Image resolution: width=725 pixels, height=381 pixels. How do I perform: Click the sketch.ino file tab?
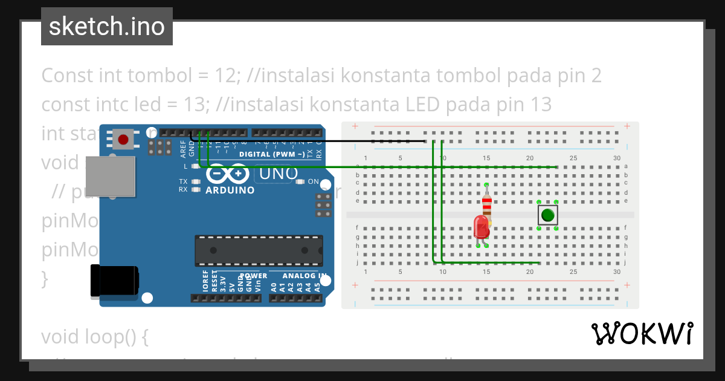pos(107,27)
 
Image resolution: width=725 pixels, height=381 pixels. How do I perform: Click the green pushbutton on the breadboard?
pos(547,215)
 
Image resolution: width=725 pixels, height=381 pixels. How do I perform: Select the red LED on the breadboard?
pos(482,227)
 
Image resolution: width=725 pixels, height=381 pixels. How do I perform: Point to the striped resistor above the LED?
pos(487,206)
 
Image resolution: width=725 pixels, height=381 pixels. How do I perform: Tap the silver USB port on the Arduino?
pos(111,176)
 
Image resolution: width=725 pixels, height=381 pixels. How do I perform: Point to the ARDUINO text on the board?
pos(230,190)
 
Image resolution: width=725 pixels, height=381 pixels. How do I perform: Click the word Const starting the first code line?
pos(65,76)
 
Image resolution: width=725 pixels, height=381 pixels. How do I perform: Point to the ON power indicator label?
pos(314,181)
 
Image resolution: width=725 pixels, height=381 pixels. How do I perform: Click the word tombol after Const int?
pos(150,76)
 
